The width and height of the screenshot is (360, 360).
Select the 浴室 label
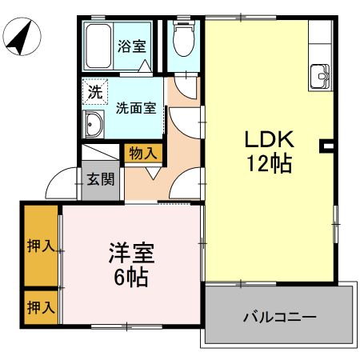pyautogui.click(x=133, y=46)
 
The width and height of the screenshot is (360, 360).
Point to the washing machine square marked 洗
pyautogui.click(x=95, y=92)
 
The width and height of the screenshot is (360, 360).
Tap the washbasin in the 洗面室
pyautogui.click(x=94, y=125)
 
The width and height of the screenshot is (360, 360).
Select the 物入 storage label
pyautogui.click(x=143, y=153)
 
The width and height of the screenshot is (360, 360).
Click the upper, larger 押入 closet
pyautogui.click(x=40, y=246)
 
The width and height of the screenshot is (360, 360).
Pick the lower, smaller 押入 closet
pyautogui.click(x=40, y=306)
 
